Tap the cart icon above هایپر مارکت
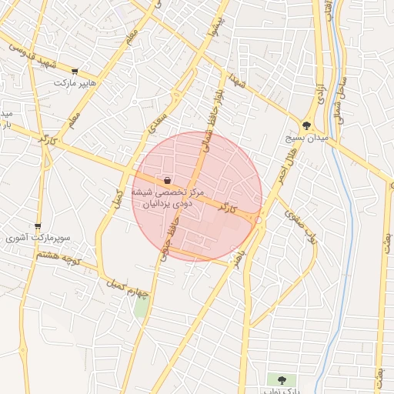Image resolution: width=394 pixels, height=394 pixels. (75, 70)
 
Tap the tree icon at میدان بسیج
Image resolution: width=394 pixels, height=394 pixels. (307, 125)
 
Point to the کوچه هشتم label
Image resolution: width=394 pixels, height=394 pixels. (58, 256)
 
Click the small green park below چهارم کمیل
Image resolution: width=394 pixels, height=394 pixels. (141, 306)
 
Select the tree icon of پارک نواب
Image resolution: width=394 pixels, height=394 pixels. (281, 379)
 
